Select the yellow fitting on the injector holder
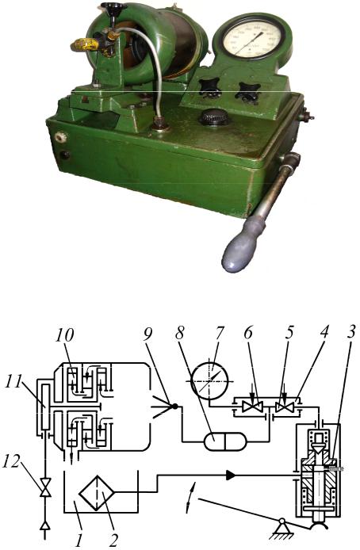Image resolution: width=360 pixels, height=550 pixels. point(86,44)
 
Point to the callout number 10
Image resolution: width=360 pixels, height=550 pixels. point(64,335)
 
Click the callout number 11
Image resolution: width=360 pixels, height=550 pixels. point(13,382)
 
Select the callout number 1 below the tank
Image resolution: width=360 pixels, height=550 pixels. point(79,540)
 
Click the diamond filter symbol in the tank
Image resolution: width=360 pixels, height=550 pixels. point(97,494)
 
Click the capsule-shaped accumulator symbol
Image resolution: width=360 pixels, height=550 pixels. point(225,441)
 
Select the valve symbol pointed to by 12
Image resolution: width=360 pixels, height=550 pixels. point(45,487)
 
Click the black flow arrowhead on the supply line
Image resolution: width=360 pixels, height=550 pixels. point(231,476)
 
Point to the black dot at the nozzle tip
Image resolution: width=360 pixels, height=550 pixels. point(175,407)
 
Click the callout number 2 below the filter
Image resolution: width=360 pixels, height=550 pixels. point(113,540)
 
